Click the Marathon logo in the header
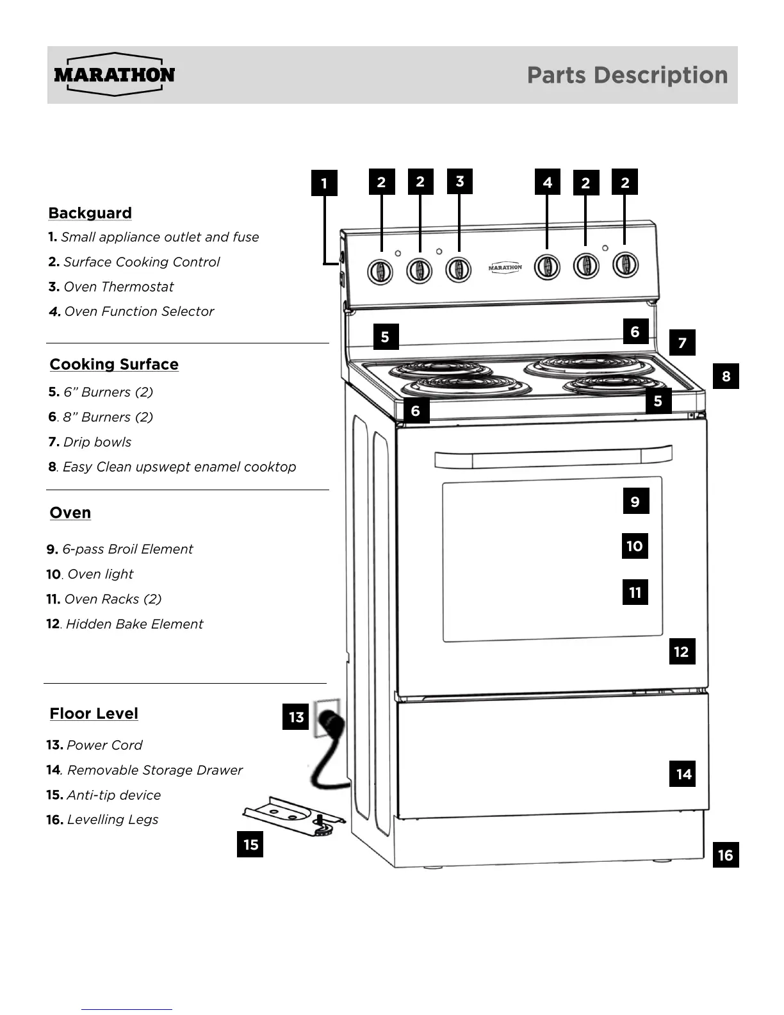tap(115, 74)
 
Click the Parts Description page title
tap(627, 75)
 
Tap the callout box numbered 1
tap(324, 183)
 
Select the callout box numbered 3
tap(459, 181)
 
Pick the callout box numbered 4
tap(547, 183)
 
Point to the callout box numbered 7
tap(682, 343)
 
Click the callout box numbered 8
tap(726, 376)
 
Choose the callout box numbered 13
tap(296, 717)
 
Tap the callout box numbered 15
tap(250, 845)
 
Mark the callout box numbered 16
tap(725, 855)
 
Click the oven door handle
tap(553, 458)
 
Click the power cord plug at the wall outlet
tap(331, 722)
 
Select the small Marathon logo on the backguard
tap(505, 267)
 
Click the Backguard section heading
tap(90, 213)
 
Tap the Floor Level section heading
tap(94, 714)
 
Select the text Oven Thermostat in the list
tap(118, 287)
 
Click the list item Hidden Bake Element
tap(134, 624)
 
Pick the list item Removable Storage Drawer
tap(154, 770)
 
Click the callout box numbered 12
tap(682, 652)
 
